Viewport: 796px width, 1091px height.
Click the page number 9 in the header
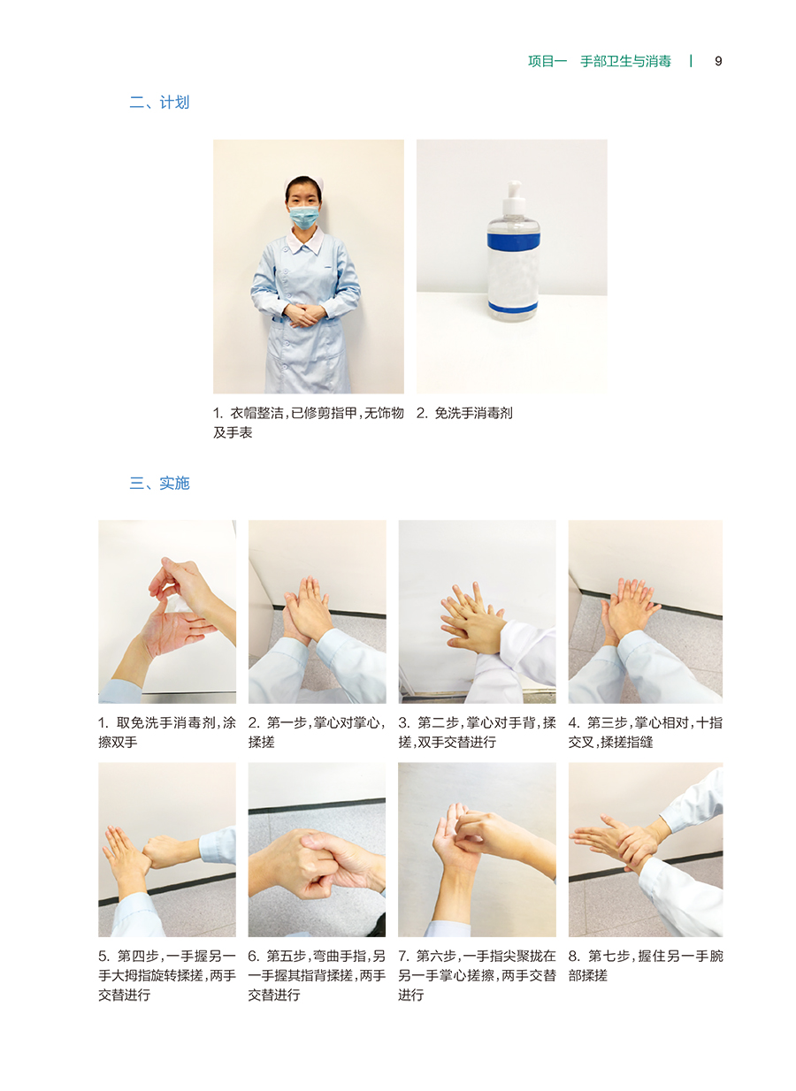click(x=717, y=61)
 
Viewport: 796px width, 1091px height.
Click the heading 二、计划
click(x=159, y=103)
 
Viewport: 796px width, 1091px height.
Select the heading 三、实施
click(x=159, y=483)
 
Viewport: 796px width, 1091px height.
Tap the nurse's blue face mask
click(x=303, y=217)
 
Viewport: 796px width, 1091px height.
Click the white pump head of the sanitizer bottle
click(x=514, y=195)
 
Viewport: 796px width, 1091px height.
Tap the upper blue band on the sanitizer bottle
click(x=514, y=240)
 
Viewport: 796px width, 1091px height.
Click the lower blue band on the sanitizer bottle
click(x=513, y=307)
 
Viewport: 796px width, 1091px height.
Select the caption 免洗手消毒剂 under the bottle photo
click(x=473, y=413)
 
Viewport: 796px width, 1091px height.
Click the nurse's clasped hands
click(x=303, y=314)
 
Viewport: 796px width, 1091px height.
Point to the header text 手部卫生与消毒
click(x=625, y=61)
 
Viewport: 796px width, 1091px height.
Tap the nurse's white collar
click(x=305, y=240)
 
